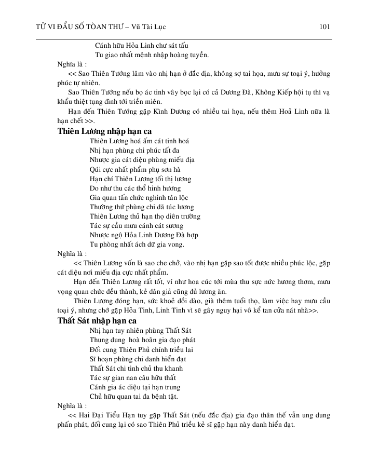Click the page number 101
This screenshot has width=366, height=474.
[326, 26]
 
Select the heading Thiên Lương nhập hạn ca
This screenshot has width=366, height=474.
[104, 131]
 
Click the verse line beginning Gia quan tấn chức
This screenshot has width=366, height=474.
[139, 198]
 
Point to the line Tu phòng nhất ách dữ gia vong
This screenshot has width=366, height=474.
[137, 245]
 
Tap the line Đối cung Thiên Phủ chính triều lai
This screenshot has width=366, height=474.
[141, 349]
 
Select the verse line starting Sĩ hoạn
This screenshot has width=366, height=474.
[138, 359]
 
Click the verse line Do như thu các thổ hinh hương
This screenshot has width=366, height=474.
[135, 188]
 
